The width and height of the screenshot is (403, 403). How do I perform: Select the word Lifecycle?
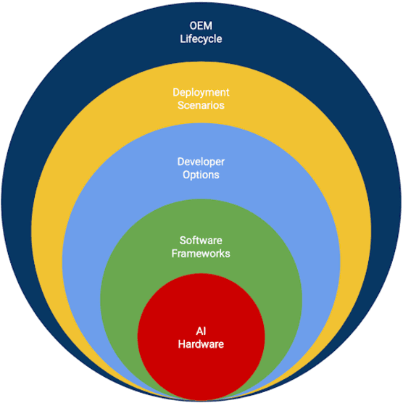tap(201, 38)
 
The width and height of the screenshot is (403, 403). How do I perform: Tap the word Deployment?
tap(201, 92)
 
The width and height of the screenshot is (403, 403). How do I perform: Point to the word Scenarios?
tap(201, 105)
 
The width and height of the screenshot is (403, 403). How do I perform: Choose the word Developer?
tap(201, 162)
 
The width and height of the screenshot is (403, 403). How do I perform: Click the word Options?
tap(201, 175)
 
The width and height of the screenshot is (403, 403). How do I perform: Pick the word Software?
tap(201, 241)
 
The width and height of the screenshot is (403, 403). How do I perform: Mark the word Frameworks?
tap(201, 254)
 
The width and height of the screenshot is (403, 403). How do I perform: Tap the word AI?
tap(201, 331)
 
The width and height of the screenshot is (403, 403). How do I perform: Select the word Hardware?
tap(201, 344)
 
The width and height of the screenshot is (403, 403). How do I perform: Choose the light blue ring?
tap(94, 217)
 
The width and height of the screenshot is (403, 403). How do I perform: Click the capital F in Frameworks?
tap(174, 254)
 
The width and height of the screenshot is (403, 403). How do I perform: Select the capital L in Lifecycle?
tap(183, 38)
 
